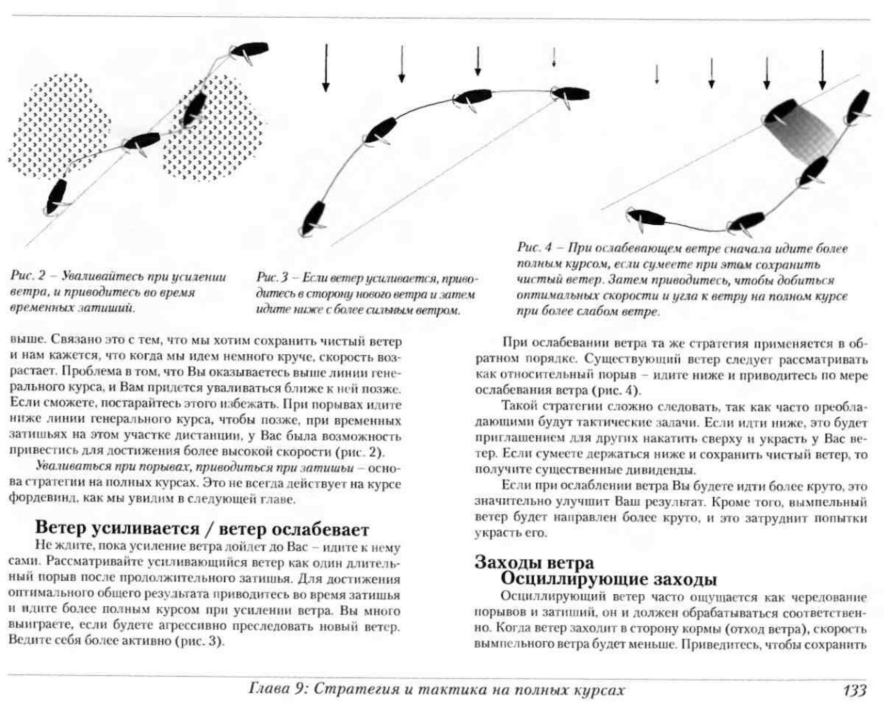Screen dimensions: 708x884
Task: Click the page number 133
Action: pos(854,690)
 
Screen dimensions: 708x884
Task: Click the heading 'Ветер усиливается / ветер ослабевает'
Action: pos(202,529)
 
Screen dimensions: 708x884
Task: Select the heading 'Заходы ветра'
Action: pos(534,562)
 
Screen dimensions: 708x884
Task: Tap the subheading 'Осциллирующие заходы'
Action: pos(609,580)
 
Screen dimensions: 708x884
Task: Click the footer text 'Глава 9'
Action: pos(278,689)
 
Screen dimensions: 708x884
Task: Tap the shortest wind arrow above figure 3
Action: pos(554,58)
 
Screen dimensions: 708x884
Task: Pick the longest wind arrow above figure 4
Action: pos(822,70)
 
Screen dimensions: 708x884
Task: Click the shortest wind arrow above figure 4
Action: pos(657,74)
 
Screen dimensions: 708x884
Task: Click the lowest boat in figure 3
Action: pos(313,219)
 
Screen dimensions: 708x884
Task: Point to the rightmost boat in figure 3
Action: pos(571,95)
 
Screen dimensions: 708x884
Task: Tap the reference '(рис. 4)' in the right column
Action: pos(615,391)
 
